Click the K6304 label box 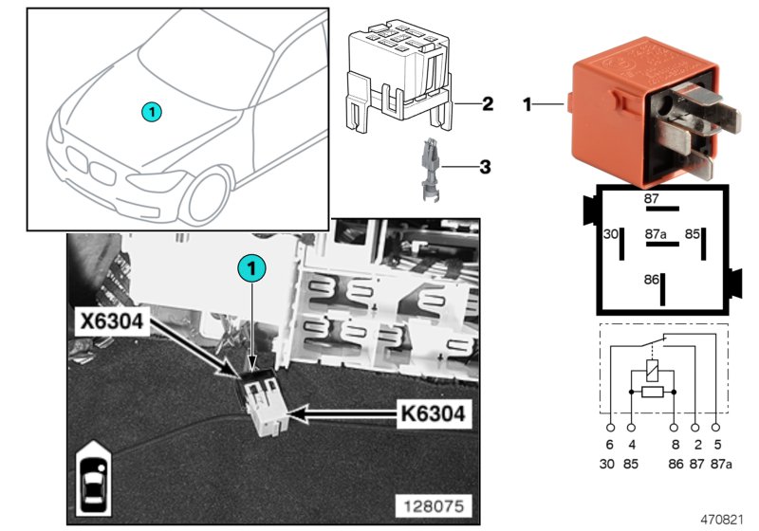tap(434, 413)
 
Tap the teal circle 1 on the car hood tap(153, 112)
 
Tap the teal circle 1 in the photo tap(251, 269)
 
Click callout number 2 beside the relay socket tap(487, 102)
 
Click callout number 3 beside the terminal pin tap(485, 168)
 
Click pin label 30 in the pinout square tap(611, 233)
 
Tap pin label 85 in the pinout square tap(694, 233)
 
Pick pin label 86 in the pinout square tap(651, 281)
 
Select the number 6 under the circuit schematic tap(610, 444)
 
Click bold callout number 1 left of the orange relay tap(528, 103)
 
